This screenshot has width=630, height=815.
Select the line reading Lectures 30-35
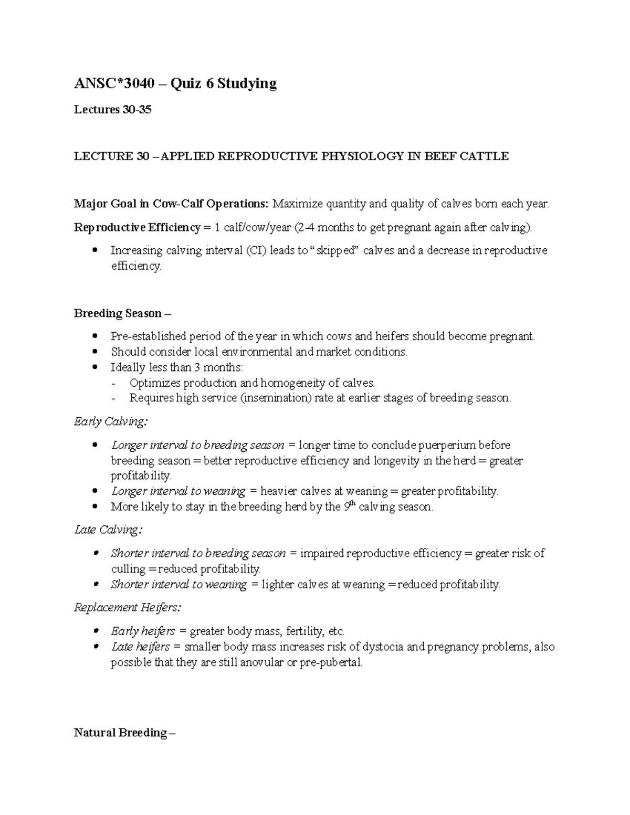(112, 110)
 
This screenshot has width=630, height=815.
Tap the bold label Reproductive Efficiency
(136, 227)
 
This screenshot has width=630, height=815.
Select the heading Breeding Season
(118, 313)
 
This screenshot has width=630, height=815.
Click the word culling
(128, 569)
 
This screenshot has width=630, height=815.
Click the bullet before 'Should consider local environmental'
(95, 352)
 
